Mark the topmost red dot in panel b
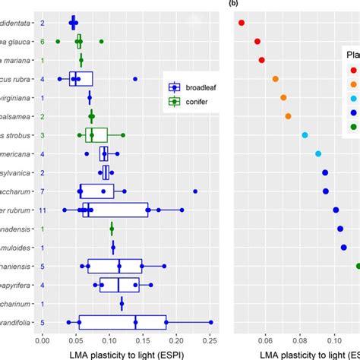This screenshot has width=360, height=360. pyautogui.click(x=242, y=23)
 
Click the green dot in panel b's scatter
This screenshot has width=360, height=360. pyautogui.click(x=358, y=266)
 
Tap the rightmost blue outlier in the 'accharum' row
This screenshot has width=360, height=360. pyautogui.click(x=173, y=191)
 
